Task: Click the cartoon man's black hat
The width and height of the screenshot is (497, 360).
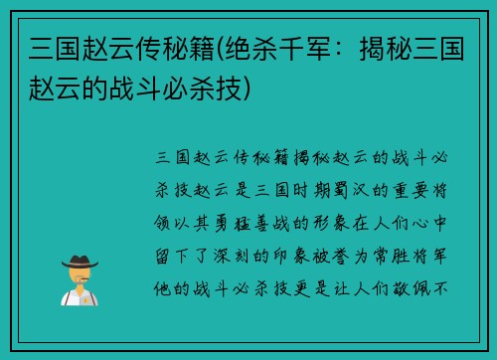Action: tap(80, 261)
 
